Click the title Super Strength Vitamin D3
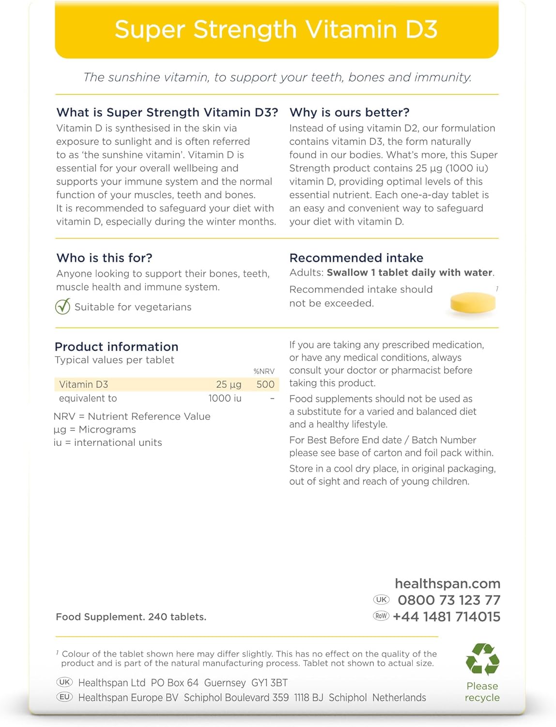[x=276, y=30]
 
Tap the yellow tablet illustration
[x=473, y=303]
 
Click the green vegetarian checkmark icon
[x=62, y=307]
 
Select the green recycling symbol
[x=482, y=659]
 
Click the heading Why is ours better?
[x=349, y=112]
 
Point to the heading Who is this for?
[x=104, y=258]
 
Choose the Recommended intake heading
[x=356, y=258]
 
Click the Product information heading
[x=116, y=347]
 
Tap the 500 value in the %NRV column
[x=265, y=384]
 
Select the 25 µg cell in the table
[x=229, y=384]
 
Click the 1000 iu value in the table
[x=225, y=398]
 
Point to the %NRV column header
[x=264, y=371]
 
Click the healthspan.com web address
[x=448, y=584]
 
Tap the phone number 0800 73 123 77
[x=449, y=600]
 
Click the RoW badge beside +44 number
[x=381, y=616]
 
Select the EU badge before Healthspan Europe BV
[x=64, y=697]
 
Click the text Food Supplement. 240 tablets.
[x=131, y=617]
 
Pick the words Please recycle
[x=482, y=692]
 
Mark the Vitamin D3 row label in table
[x=83, y=384]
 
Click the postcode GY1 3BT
[x=269, y=683]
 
